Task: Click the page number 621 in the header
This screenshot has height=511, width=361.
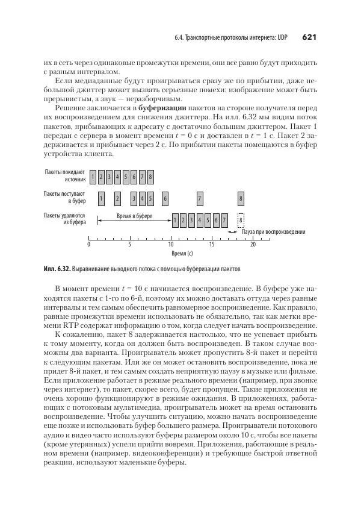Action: click(x=309, y=37)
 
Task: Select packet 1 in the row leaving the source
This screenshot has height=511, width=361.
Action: click(x=93, y=177)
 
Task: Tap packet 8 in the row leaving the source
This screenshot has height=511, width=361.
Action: click(x=150, y=177)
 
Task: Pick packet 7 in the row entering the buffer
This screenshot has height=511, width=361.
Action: click(x=200, y=198)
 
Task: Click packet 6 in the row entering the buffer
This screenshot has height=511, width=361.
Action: click(x=165, y=198)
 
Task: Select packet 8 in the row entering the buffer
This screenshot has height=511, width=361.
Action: click(x=241, y=198)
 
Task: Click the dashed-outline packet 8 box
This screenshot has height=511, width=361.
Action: click(x=241, y=221)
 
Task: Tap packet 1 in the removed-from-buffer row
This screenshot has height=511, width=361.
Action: click(x=175, y=221)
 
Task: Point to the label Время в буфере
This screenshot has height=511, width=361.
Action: click(x=134, y=216)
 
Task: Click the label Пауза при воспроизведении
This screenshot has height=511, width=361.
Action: click(x=273, y=232)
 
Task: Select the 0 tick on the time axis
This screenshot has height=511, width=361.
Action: click(x=88, y=245)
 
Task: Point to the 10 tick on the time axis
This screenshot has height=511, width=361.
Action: click(x=171, y=245)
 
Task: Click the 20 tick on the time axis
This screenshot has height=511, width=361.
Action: click(x=253, y=245)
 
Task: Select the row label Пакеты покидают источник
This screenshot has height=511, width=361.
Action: click(x=64, y=176)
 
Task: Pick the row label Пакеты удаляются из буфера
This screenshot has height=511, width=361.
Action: click(x=64, y=219)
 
